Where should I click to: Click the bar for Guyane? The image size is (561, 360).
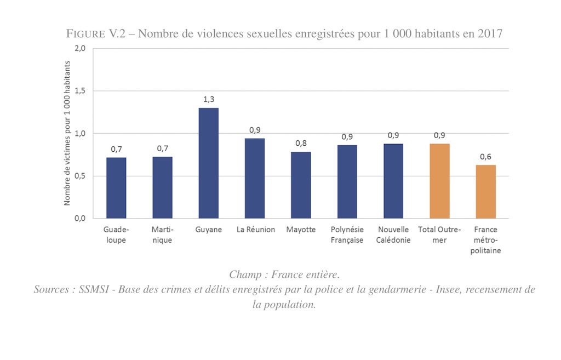(x=208, y=163)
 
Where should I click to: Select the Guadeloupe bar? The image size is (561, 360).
(x=116, y=188)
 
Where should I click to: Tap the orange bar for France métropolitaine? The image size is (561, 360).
(x=485, y=191)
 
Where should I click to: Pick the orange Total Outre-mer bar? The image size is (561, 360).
(x=439, y=181)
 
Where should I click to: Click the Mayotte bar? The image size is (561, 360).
(x=301, y=185)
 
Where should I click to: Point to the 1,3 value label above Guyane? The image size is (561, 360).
(x=208, y=99)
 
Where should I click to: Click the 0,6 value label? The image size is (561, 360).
(x=485, y=157)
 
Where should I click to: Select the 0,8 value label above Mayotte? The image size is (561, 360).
(x=301, y=144)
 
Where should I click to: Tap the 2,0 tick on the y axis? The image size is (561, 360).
(x=80, y=49)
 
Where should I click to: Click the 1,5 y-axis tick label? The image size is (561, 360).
(x=80, y=91)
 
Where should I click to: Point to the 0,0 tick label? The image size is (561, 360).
(x=80, y=219)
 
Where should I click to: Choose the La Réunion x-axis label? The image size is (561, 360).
(x=256, y=230)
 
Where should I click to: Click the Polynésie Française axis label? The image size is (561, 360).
(x=347, y=235)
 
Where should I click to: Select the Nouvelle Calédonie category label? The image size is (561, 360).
(x=393, y=235)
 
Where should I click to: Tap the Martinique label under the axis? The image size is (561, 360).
(x=162, y=235)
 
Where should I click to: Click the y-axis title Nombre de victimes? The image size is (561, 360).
(x=67, y=133)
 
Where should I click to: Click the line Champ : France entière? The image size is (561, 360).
(x=284, y=274)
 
